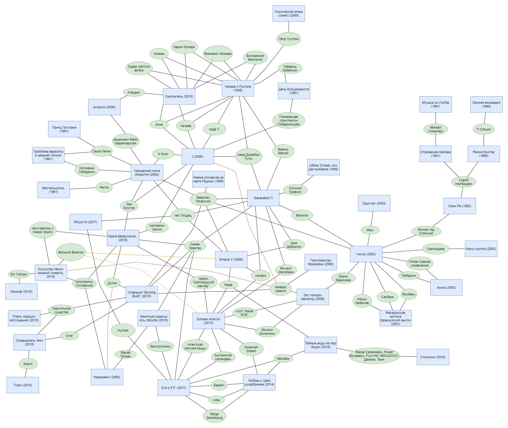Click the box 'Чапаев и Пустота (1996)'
tap(238, 88)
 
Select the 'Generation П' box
tap(263, 198)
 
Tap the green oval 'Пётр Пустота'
tap(289, 39)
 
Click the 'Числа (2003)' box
tap(366, 254)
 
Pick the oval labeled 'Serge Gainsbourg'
tap(214, 416)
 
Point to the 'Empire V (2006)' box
tap(231, 260)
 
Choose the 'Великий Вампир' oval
tap(71, 252)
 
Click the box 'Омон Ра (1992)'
tap(460, 206)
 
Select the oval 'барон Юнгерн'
tap(184, 47)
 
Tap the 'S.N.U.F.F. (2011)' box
tap(174, 388)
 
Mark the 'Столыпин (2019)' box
tap(433, 357)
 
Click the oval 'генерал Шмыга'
tap(280, 289)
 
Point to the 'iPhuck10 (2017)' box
tap(86, 222)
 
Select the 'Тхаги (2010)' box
tap(23, 385)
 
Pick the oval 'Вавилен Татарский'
tap(203, 199)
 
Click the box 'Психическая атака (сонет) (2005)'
tap(289, 14)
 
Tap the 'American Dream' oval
tap(251, 349)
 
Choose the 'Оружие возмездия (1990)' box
tap(486, 105)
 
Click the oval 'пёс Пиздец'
tap(183, 215)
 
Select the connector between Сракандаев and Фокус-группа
tap(457, 249)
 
